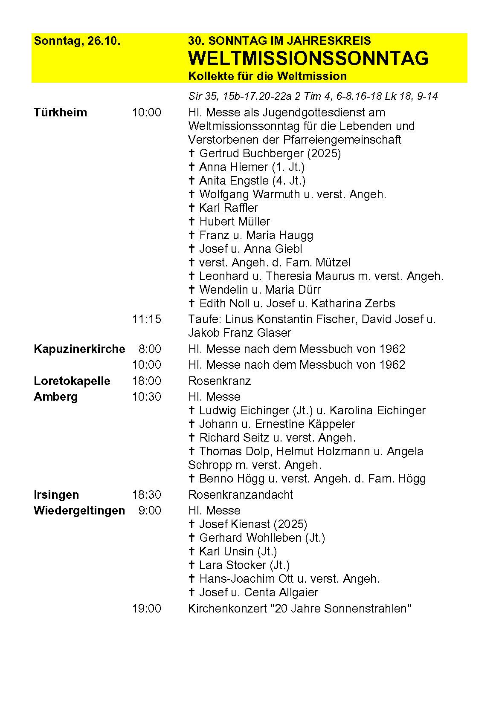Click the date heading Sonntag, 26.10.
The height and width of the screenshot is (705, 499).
point(77,41)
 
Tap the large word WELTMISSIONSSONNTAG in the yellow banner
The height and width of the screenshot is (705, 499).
point(308,58)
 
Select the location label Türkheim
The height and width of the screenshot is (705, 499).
point(60,113)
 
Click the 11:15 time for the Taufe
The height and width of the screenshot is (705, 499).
point(147,319)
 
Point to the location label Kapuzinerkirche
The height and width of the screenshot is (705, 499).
point(79,349)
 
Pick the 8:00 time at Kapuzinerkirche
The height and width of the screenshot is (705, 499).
point(150,349)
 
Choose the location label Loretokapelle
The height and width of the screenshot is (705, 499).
point(72,381)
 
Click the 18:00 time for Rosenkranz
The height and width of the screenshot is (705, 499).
point(147,381)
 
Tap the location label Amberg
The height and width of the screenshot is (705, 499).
point(56,397)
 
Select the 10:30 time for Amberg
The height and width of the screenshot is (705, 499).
point(147,397)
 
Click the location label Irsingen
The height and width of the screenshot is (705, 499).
point(56,494)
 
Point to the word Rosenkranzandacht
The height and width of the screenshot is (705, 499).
point(241,494)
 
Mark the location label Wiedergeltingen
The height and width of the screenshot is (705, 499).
point(79,511)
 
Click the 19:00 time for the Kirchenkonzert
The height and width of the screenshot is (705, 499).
point(147,608)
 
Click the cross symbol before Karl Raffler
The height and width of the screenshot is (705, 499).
point(192,208)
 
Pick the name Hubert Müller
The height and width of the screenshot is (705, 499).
point(235,222)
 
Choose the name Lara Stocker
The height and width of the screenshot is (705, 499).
point(232,565)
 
